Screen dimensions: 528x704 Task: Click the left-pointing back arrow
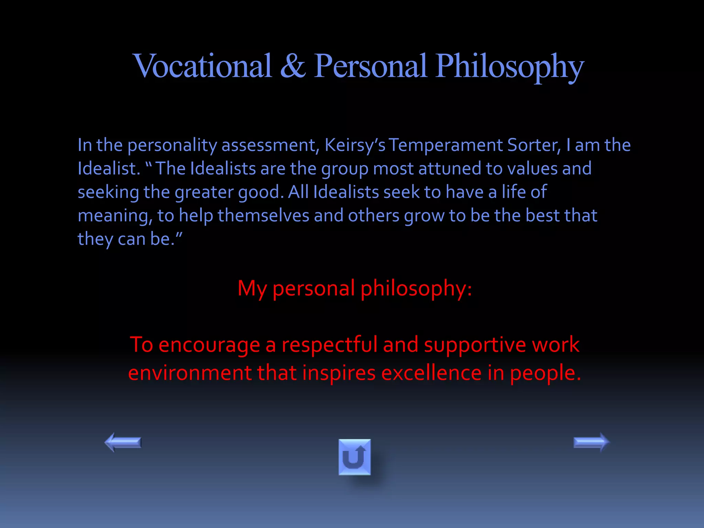[x=123, y=442]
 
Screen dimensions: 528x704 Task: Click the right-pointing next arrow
[x=591, y=442]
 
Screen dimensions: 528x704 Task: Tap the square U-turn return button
[x=354, y=457]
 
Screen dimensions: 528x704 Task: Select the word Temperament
[x=445, y=145]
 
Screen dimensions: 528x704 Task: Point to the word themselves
[x=263, y=216]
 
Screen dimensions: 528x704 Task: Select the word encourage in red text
[x=209, y=345]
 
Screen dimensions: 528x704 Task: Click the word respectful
[x=329, y=345]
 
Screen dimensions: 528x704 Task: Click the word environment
[x=190, y=373]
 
